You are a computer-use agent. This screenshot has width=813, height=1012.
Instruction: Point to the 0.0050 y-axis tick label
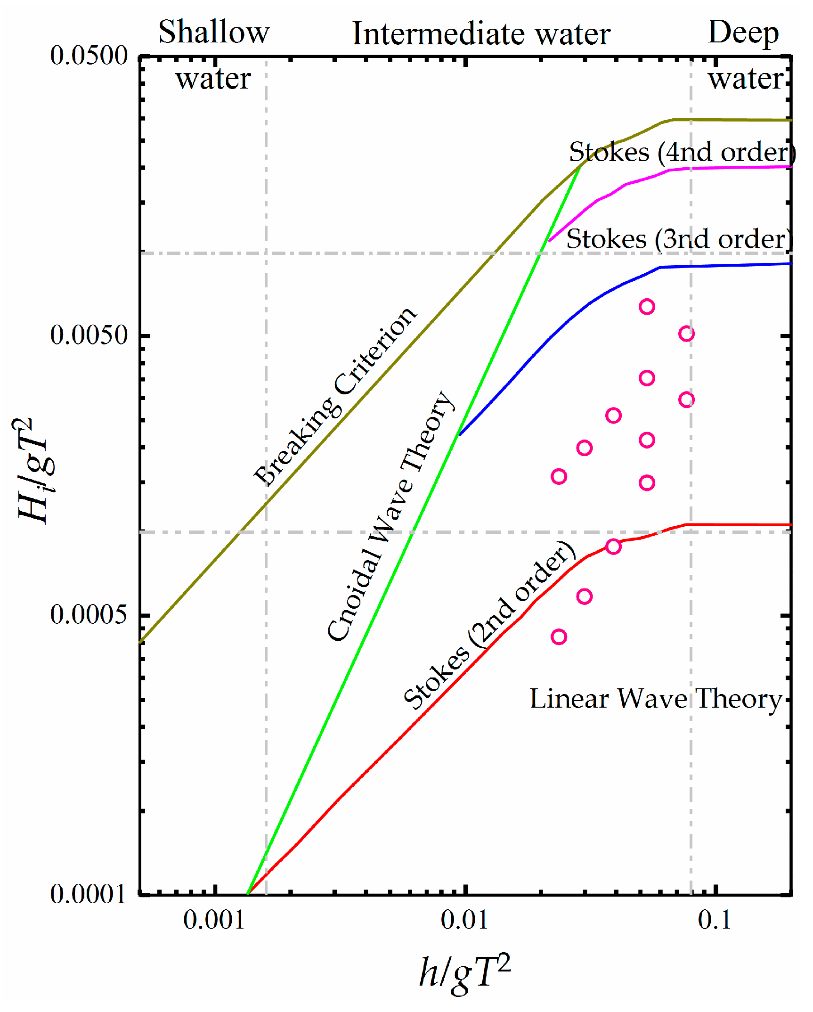[89, 335]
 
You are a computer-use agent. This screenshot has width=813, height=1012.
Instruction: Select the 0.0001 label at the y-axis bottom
[89, 894]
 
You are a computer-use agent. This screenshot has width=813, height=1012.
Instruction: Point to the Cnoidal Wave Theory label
[391, 516]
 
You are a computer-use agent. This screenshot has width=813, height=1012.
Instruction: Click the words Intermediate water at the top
[481, 34]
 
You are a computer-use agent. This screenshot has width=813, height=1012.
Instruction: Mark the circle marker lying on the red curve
[613, 547]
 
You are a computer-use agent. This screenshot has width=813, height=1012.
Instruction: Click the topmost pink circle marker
[647, 307]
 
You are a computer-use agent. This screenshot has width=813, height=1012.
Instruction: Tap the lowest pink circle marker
[559, 637]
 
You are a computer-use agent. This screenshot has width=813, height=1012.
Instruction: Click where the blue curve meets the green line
[459, 434]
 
